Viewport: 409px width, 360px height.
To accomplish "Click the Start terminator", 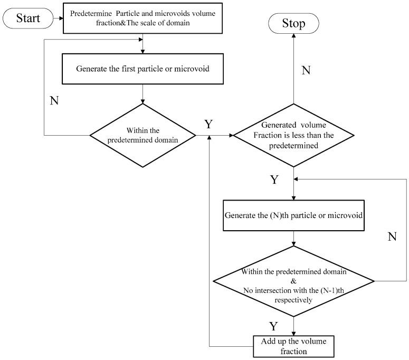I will coord(27,20).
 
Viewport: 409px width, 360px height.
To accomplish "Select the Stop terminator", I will coord(293,24).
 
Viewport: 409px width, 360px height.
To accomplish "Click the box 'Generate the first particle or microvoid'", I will coord(143,69).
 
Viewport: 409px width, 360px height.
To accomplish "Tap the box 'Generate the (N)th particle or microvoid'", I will coord(293,215).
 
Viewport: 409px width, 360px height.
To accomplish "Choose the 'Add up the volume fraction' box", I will coord(293,346).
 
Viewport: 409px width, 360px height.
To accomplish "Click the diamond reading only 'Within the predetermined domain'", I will coord(143,136).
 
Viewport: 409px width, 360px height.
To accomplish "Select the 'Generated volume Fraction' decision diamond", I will coord(293,136).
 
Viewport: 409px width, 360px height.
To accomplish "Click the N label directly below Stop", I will coord(306,70).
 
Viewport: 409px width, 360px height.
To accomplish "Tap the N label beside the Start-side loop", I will coord(54,100).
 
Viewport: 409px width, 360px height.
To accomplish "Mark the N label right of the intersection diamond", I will coord(392,236).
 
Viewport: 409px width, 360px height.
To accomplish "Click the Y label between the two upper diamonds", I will coord(209,124).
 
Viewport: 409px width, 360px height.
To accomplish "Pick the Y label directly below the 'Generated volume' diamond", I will coord(274,180).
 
